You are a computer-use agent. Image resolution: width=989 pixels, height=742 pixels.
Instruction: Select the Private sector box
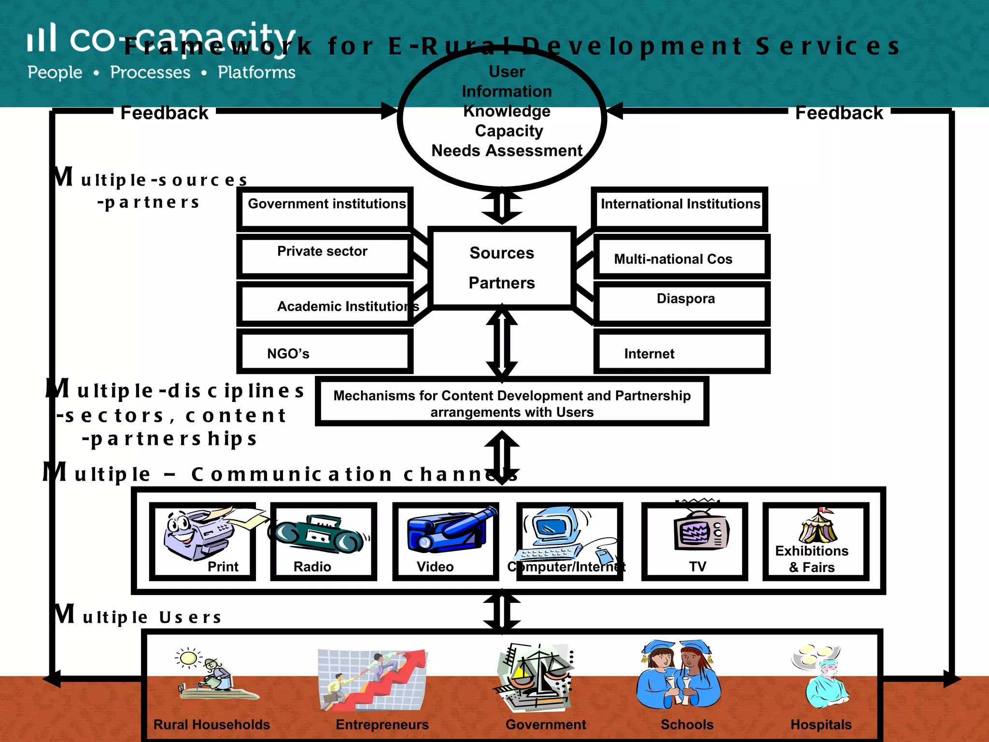click(x=324, y=256)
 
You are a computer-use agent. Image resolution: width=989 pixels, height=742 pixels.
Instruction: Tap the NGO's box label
click(x=288, y=354)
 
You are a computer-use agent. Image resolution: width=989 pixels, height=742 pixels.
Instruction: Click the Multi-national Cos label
click(x=673, y=259)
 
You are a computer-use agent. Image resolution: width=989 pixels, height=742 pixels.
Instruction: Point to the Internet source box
click(x=681, y=352)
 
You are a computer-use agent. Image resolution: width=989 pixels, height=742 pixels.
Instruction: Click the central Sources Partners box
click(x=502, y=268)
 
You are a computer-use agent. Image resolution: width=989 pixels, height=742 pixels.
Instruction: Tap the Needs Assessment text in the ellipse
click(x=507, y=151)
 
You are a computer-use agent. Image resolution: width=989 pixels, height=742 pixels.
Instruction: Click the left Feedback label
click(x=164, y=113)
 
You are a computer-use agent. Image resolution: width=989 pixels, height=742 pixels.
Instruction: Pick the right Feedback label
click(x=839, y=113)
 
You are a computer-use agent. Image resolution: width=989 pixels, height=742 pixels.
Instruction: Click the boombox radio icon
click(x=319, y=535)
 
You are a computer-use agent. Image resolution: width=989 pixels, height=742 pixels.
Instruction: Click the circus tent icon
click(x=818, y=527)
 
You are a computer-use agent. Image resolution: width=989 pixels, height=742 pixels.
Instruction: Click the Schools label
click(x=687, y=725)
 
